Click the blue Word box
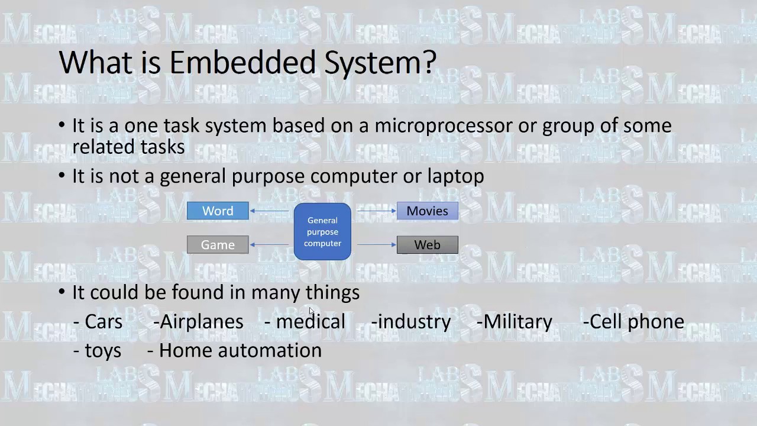pyautogui.click(x=218, y=211)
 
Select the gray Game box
pyautogui.click(x=218, y=245)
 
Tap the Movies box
pyautogui.click(x=427, y=211)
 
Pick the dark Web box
pyautogui.click(x=427, y=245)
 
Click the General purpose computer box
pyautogui.click(x=322, y=231)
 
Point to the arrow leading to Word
pyautogui.click(x=270, y=211)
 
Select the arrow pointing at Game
pyautogui.click(x=270, y=244)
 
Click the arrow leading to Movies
pyautogui.click(x=376, y=211)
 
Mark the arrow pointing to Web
pyautogui.click(x=376, y=244)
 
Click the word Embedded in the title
pyautogui.click(x=242, y=62)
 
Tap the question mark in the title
pyautogui.click(x=430, y=62)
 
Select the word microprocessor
pyautogui.click(x=444, y=125)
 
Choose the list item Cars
pyautogui.click(x=103, y=322)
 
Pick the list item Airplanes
pyautogui.click(x=201, y=322)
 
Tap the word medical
pyautogui.click(x=310, y=322)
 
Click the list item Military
pyautogui.click(x=517, y=322)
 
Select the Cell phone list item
pyautogui.click(x=637, y=322)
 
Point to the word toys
pyautogui.click(x=103, y=351)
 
